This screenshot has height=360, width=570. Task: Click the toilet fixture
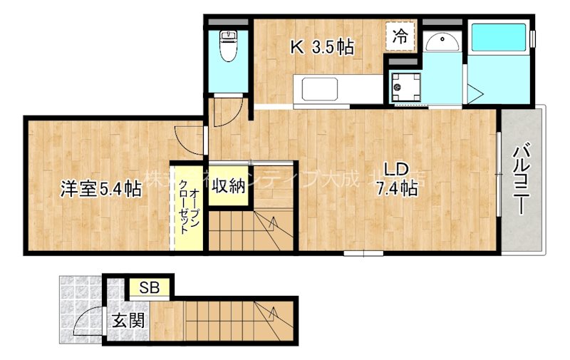[x=229, y=47]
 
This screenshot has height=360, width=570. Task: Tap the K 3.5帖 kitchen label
[x=321, y=48]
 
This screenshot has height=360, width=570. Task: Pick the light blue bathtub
[x=499, y=36]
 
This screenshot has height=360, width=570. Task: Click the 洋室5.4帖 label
[x=100, y=189]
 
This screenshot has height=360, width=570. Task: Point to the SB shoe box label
[x=150, y=288]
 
